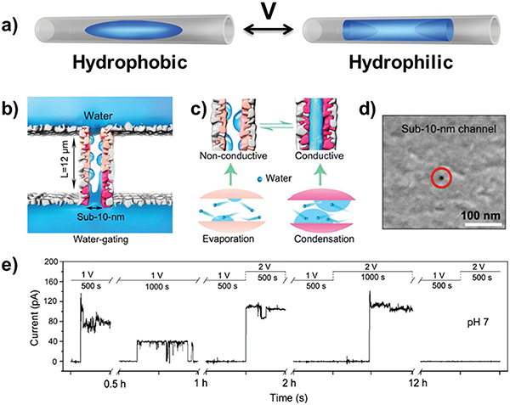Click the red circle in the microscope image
coord(441,177)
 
